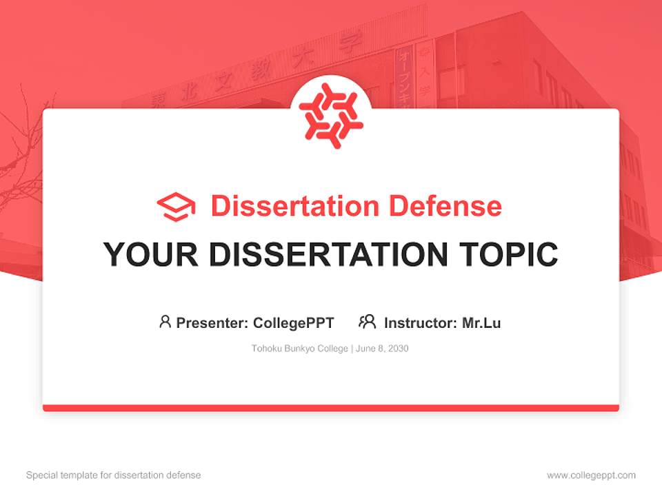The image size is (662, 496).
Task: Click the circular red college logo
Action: click(331, 112)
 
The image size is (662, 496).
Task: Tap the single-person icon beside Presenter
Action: click(165, 322)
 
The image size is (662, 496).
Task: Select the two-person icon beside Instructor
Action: click(367, 322)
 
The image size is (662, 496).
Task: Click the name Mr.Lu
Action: click(481, 322)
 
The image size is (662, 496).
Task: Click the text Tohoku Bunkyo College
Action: click(299, 349)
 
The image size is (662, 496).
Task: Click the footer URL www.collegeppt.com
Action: click(591, 475)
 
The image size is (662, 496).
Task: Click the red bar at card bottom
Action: click(331, 408)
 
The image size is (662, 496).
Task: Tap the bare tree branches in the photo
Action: click(21, 158)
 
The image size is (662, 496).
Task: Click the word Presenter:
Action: click(212, 322)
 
